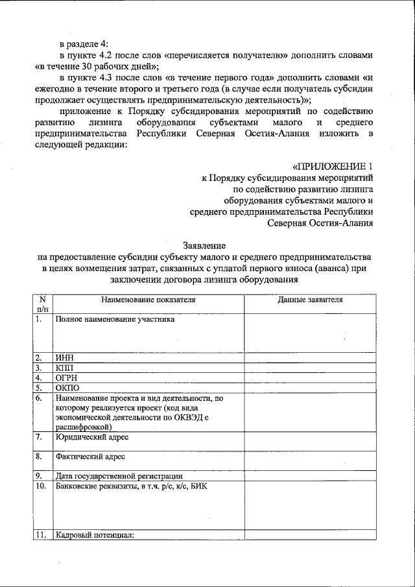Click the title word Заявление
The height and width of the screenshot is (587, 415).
pos(205,246)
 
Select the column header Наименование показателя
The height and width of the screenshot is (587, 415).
pos(148,300)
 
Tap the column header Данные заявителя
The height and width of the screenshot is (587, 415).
pos(310,300)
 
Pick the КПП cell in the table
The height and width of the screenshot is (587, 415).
pos(65,368)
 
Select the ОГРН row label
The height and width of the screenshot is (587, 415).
pos(67,377)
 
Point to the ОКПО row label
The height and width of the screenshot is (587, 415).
pos(67,388)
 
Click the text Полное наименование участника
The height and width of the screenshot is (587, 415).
pos(115,319)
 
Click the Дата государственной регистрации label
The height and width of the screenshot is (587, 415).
pos(119,476)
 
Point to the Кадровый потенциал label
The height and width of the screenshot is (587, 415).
pos(95,535)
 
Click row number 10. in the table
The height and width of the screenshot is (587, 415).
pos(41,486)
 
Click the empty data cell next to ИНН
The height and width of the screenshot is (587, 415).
pos(310,357)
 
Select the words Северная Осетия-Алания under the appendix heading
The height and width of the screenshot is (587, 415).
pos(320,223)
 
